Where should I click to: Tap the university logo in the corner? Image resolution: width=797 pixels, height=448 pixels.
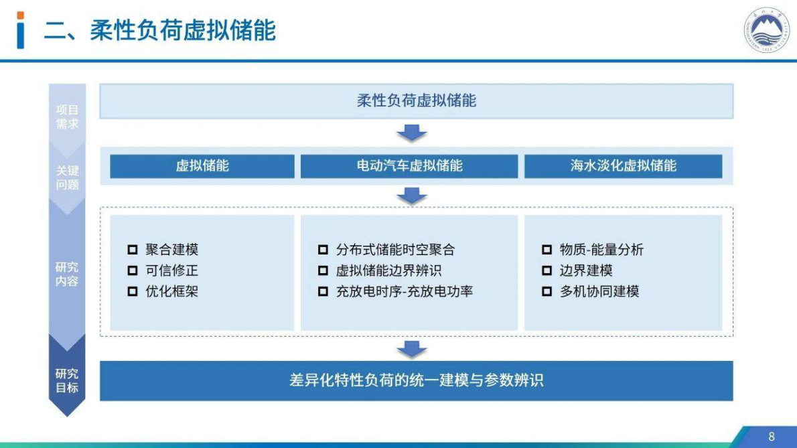(x=767, y=31)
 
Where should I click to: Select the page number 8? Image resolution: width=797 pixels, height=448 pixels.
(x=771, y=437)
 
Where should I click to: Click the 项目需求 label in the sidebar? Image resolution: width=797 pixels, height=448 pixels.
(x=67, y=117)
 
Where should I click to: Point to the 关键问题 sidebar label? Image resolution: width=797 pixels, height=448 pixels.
(x=67, y=177)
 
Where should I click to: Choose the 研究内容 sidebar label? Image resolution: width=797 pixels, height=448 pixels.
(x=67, y=274)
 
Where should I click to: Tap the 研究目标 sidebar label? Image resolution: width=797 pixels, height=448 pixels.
(x=67, y=380)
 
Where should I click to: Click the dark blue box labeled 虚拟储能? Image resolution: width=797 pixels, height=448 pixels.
(x=202, y=166)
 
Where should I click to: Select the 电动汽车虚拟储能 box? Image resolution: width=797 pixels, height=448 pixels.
(x=409, y=166)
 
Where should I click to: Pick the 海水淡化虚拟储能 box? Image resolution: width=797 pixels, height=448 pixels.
(x=623, y=166)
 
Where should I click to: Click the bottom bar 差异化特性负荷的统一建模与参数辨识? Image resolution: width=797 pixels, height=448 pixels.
(x=416, y=380)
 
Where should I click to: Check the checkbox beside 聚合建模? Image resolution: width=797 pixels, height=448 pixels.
(x=133, y=250)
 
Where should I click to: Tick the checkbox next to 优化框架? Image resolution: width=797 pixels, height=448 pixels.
(x=133, y=291)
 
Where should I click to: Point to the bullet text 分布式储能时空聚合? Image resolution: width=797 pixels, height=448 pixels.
(x=395, y=250)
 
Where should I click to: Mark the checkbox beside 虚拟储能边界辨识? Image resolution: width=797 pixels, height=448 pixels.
(x=323, y=271)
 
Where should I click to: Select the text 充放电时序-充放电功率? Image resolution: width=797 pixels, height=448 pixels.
(x=405, y=291)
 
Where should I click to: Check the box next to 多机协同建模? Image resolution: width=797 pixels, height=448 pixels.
(x=547, y=291)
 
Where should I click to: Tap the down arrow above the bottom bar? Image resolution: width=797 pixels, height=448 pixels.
(x=412, y=349)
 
